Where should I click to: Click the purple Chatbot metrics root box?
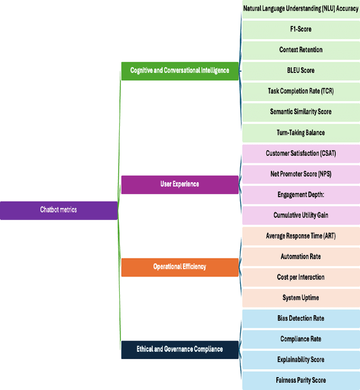point(58,210)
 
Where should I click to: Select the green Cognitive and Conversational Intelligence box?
point(180,71)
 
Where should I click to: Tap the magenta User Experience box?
point(180,184)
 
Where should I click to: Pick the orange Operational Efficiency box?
point(180,267)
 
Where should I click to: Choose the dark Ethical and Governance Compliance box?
point(180,350)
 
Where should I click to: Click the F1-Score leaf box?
point(301,29)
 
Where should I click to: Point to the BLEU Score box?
point(301,71)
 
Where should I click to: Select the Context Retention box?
point(301,50)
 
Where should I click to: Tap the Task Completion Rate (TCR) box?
point(301,91)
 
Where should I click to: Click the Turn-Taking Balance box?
point(301,133)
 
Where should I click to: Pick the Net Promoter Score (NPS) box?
point(301,174)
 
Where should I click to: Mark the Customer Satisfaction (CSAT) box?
point(301,153)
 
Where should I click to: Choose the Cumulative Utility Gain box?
point(301,215)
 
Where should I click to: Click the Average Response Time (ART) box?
point(301,236)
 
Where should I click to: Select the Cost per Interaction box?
point(301,278)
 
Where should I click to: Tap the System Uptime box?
point(301,298)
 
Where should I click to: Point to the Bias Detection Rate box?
point(301,319)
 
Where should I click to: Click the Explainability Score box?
point(301,360)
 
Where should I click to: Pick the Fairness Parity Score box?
point(301,380)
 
